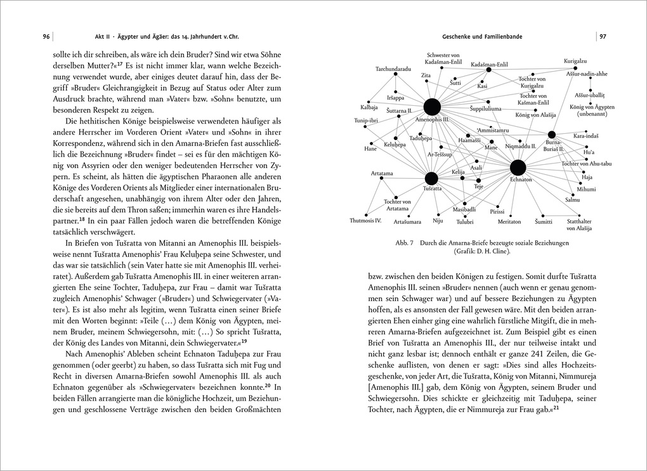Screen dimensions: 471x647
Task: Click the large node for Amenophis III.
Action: pos(432,107)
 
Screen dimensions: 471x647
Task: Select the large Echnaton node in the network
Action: pos(518,167)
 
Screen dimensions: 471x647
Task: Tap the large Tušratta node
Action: pos(431,178)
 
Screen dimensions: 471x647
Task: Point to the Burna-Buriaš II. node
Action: pos(551,134)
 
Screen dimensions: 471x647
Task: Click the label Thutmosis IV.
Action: pos(365,221)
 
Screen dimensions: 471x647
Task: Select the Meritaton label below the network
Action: pos(509,221)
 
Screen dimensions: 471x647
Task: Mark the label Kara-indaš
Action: pos(586,136)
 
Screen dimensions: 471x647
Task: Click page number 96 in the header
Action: pos(46,36)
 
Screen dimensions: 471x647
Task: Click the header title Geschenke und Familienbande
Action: pos(481,36)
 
